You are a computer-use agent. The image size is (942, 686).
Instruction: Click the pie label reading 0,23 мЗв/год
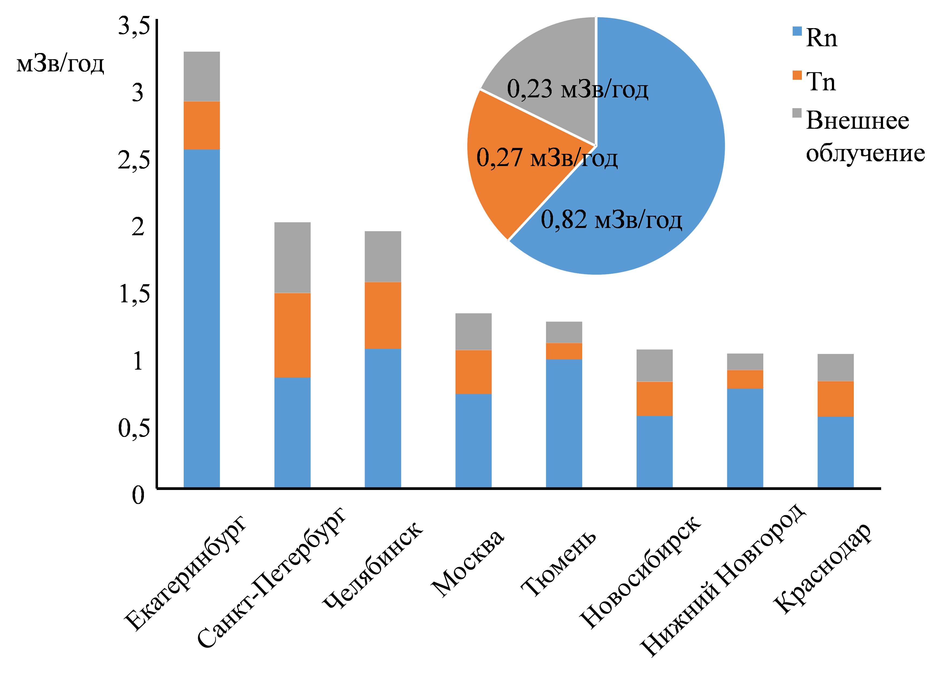577,89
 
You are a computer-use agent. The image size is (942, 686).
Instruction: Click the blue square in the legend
797,31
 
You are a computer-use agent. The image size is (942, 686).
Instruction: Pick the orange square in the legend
797,75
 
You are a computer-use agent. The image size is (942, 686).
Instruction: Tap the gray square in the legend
797,113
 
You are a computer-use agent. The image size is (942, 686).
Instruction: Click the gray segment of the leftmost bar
202,77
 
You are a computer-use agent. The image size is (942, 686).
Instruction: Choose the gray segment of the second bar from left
292,257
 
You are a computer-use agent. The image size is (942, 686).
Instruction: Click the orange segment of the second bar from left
292,335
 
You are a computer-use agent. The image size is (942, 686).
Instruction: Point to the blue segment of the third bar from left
383,417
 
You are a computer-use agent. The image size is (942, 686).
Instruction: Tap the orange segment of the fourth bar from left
473,372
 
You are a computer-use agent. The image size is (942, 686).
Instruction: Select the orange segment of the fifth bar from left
564,351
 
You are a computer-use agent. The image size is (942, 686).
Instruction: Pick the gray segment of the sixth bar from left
655,365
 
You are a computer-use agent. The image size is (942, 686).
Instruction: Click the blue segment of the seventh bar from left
745,438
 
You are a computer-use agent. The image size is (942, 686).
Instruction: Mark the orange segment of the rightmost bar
836,399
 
